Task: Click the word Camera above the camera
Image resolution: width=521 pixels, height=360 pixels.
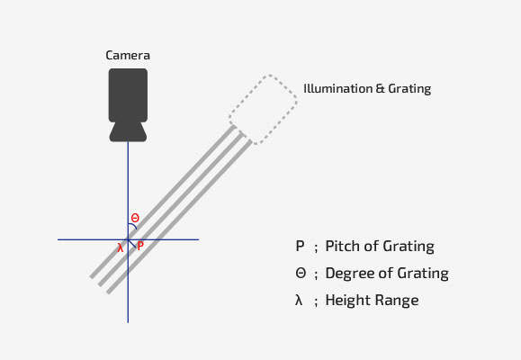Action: point(128,55)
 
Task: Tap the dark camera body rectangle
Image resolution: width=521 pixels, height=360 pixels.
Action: point(128,95)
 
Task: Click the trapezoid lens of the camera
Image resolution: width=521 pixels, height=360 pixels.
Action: point(128,132)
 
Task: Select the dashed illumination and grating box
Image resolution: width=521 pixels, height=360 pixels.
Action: point(263,110)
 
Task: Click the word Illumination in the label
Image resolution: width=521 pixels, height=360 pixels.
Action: point(338,88)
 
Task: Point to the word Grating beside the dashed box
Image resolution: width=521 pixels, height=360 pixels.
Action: point(409,89)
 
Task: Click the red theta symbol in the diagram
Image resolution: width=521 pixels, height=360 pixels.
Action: point(135,218)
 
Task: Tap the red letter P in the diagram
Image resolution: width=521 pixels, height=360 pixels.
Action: point(140,247)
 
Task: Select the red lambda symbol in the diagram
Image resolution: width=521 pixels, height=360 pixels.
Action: point(121,247)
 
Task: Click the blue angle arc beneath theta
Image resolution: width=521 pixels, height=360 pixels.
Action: point(133,225)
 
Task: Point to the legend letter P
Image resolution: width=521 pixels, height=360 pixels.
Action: point(300,247)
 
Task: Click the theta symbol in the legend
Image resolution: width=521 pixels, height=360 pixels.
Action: point(301,274)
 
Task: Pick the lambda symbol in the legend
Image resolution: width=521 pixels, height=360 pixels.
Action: point(299,300)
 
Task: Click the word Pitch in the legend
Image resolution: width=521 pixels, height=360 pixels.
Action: point(343,247)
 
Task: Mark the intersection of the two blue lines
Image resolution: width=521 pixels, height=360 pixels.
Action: point(128,239)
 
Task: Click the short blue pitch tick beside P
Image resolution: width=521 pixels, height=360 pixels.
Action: point(132,244)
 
